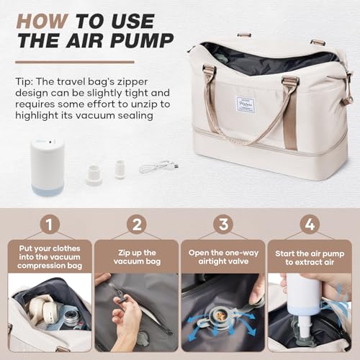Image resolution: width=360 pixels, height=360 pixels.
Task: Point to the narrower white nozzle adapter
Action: [120, 169]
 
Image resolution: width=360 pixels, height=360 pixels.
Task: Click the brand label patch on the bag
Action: [248, 107]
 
